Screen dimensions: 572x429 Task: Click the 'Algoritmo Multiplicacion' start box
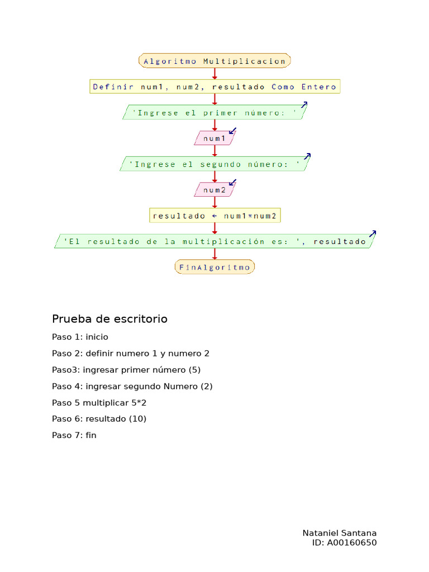[x=214, y=61]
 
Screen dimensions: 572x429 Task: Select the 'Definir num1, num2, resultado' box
[x=214, y=87]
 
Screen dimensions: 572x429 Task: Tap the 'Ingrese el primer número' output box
[x=214, y=112]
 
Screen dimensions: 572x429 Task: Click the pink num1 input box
[x=214, y=138]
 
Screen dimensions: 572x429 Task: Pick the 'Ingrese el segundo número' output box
[x=214, y=164]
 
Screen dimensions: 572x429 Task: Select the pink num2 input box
[x=214, y=190]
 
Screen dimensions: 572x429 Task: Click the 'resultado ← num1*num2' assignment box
[x=214, y=216]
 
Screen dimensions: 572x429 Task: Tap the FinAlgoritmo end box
[x=214, y=267]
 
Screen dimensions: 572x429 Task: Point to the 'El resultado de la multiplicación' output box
[x=214, y=241]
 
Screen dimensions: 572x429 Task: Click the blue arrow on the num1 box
[x=233, y=131]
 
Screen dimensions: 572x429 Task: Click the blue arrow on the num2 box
[x=233, y=183]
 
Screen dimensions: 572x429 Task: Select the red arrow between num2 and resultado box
[x=214, y=203]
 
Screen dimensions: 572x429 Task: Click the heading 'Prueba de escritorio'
[x=109, y=319]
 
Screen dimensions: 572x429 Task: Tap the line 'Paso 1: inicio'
[x=80, y=337]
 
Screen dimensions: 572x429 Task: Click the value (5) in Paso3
[x=194, y=370]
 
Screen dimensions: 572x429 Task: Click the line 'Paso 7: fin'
[x=74, y=435]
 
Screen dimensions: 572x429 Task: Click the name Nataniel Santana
[x=339, y=533]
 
